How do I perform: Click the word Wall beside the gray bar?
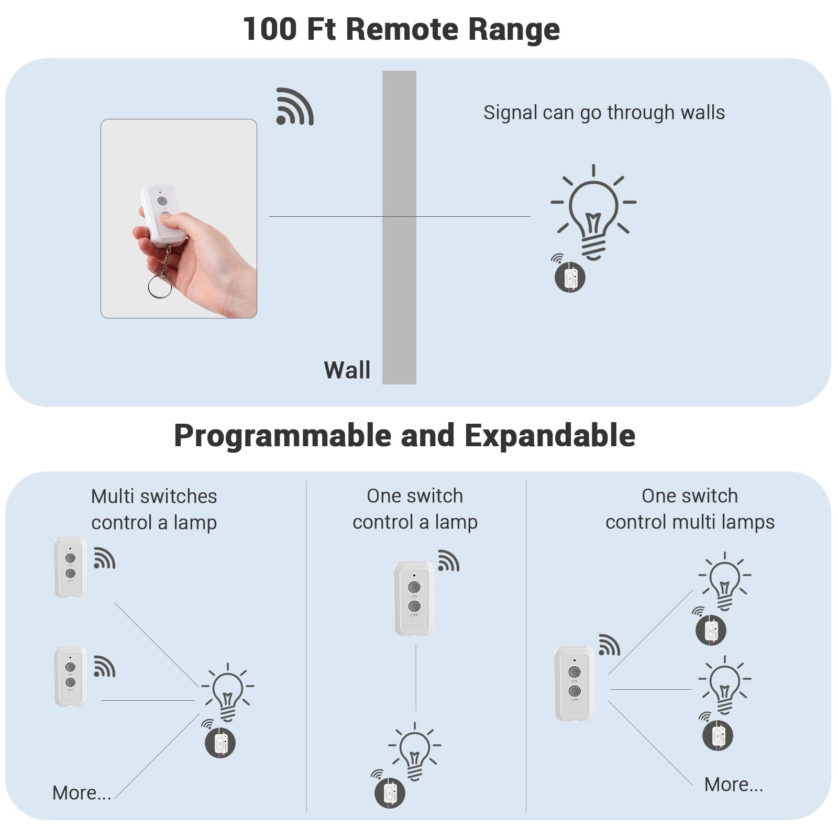tap(347, 370)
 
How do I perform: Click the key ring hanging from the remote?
tap(160, 286)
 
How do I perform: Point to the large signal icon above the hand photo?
tap(294, 107)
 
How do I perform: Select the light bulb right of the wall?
tap(593, 212)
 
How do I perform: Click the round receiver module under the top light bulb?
tap(570, 277)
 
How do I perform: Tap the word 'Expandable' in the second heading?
tap(549, 436)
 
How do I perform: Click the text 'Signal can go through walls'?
tap(603, 113)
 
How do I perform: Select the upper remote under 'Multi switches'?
tap(70, 567)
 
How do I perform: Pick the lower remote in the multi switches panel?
tap(70, 676)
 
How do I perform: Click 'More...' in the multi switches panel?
tap(82, 792)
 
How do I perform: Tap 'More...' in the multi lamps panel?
tap(733, 784)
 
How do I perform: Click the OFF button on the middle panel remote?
tap(414, 606)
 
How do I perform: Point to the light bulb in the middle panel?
tap(414, 751)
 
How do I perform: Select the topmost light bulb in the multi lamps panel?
tap(724, 580)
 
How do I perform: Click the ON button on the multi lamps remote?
tap(575, 672)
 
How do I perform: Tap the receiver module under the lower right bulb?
tap(717, 735)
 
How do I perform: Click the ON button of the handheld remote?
tap(162, 201)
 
